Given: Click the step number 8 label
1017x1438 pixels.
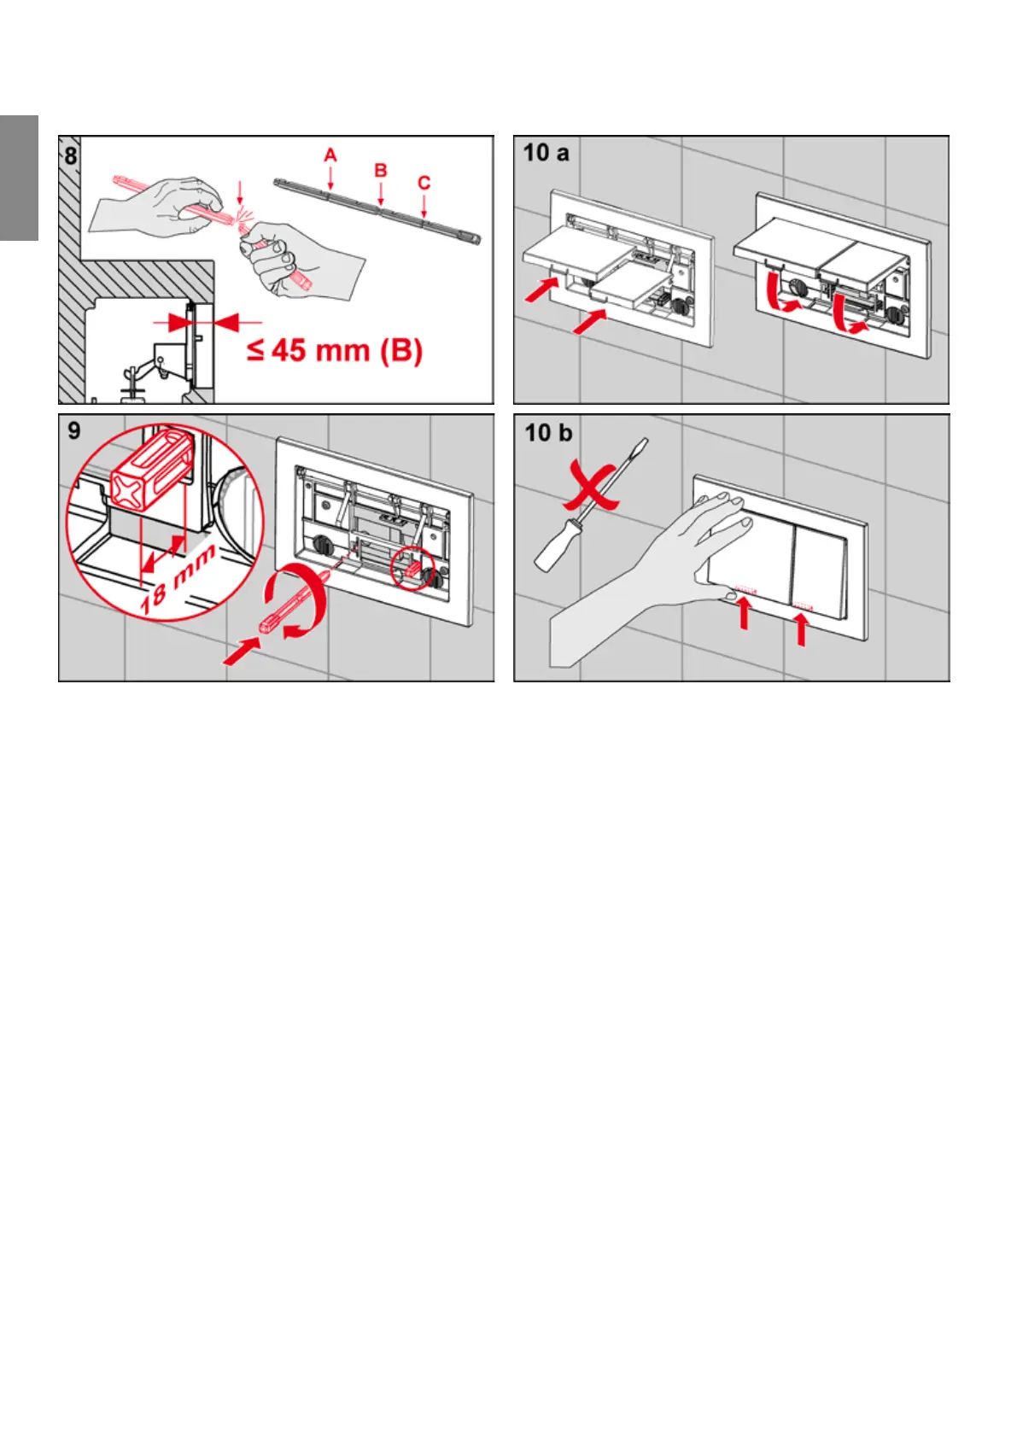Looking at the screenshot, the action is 71,156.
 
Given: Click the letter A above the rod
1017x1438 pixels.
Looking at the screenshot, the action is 330,155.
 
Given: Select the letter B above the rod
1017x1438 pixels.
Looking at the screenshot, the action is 381,170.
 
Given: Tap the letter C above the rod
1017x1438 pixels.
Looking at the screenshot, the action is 424,182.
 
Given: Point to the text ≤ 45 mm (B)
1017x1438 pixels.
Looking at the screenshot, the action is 335,350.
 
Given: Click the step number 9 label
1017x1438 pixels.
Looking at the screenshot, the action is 74,430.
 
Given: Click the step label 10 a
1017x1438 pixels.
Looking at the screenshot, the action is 546,154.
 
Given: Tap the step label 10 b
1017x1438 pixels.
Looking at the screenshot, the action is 547,433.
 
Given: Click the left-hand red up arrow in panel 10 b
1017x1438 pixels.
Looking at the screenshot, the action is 745,614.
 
